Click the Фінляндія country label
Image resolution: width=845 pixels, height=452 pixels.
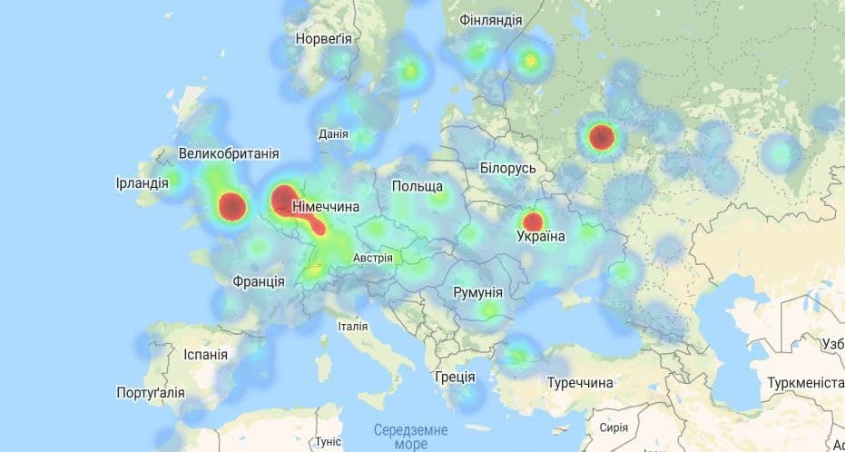click(491, 20)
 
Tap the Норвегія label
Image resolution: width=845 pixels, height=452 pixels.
click(323, 39)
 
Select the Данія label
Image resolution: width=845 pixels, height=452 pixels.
click(333, 134)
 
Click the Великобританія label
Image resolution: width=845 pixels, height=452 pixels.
click(229, 153)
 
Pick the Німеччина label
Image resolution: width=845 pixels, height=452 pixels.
click(325, 207)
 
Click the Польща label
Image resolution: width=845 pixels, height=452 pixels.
click(418, 186)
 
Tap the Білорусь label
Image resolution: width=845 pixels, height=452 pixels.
click(508, 169)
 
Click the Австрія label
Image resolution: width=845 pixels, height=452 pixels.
click(373, 258)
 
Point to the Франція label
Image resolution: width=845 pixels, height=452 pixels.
click(258, 281)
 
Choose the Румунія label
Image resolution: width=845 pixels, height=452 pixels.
click(477, 292)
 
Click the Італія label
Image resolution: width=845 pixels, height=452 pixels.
click(352, 326)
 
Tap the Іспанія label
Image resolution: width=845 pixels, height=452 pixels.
click(205, 354)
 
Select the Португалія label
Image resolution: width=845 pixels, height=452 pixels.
click(151, 393)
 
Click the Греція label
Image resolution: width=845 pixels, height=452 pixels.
click(455, 376)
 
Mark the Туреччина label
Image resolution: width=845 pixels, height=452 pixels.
click(580, 383)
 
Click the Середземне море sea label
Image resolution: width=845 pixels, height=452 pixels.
click(400, 437)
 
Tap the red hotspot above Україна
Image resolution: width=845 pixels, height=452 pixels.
click(534, 221)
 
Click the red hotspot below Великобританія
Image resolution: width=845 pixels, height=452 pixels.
click(232, 206)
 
